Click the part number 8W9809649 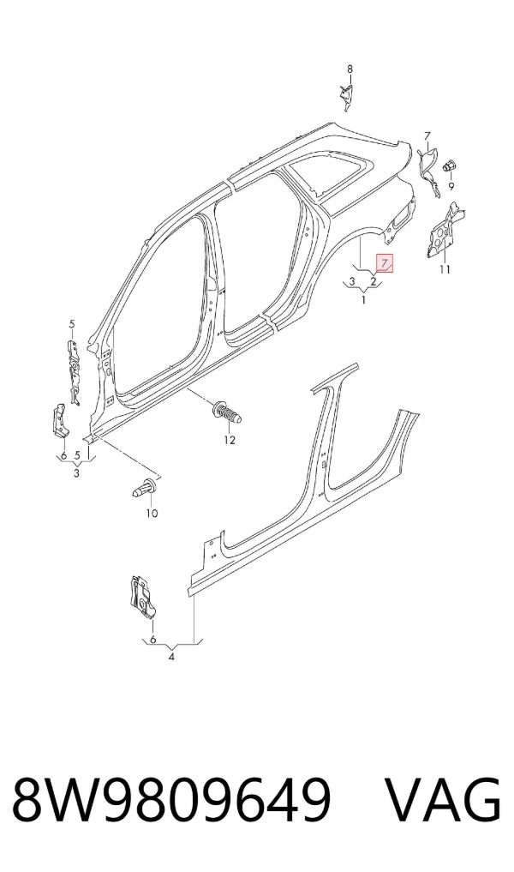pyautogui.click(x=171, y=802)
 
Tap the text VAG pyautogui.click(x=444, y=802)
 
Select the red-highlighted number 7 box pyautogui.click(x=385, y=263)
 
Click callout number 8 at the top pyautogui.click(x=350, y=69)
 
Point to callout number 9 pyautogui.click(x=451, y=187)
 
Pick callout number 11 pyautogui.click(x=445, y=270)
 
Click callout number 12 pyautogui.click(x=230, y=441)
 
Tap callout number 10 pyautogui.click(x=152, y=514)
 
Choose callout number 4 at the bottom pyautogui.click(x=171, y=657)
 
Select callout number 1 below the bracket pyautogui.click(x=364, y=300)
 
